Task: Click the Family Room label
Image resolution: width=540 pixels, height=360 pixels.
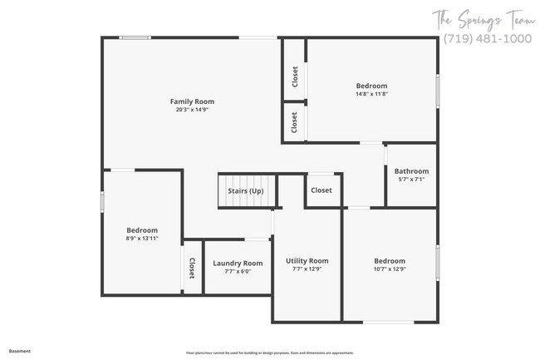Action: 192,101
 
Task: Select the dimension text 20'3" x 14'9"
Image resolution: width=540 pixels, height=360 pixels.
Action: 192,110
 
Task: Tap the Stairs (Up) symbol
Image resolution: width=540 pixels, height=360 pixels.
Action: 245,190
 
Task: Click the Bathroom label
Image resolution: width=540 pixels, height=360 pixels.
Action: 411,171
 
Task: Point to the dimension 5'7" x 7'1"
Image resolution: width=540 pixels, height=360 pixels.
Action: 411,180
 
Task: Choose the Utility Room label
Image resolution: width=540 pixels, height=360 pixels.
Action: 307,260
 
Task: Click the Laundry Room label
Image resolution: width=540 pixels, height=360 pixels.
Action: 238,264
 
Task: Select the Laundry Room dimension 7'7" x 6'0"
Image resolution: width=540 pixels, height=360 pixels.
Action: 238,272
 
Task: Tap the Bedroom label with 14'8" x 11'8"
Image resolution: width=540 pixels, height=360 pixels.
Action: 371,86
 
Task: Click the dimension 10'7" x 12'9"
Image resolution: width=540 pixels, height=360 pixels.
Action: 389,269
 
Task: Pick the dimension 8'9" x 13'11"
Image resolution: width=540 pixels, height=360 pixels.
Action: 142,239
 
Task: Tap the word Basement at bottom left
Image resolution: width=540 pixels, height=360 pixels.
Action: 20,351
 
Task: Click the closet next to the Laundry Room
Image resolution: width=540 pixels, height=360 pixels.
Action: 192,268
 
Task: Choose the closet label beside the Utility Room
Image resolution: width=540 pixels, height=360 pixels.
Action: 322,190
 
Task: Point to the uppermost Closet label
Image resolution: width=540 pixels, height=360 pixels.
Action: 295,77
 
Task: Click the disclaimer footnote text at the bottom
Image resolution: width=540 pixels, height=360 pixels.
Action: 269,353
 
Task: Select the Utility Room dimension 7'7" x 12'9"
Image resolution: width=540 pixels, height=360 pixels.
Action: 307,269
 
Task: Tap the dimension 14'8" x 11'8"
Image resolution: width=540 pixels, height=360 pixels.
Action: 371,94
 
